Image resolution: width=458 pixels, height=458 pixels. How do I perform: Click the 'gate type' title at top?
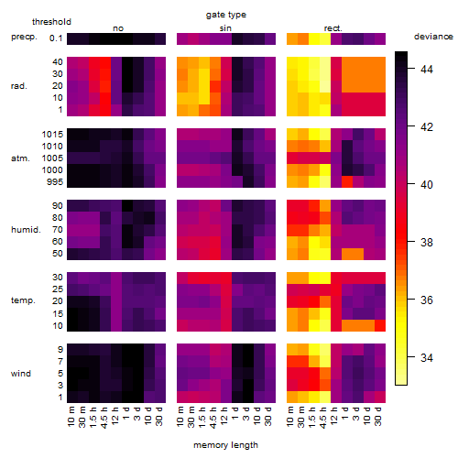click(226, 15)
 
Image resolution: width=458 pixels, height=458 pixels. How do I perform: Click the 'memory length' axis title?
click(225, 445)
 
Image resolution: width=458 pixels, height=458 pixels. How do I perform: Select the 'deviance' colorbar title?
click(433, 37)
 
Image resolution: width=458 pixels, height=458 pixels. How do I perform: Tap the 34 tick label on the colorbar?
click(427, 357)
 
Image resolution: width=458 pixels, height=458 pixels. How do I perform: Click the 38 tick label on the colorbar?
click(427, 243)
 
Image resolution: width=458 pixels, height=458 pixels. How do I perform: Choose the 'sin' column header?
click(225, 28)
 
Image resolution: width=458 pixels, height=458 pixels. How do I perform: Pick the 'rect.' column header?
click(333, 28)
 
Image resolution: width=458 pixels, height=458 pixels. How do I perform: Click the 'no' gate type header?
click(118, 28)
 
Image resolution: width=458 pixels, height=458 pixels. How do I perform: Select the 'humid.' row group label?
click(26, 230)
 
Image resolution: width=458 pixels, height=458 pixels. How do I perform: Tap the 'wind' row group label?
click(21, 374)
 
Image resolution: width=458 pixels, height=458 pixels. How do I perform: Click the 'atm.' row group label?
click(20, 158)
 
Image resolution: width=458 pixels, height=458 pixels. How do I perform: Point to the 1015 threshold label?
click(52, 135)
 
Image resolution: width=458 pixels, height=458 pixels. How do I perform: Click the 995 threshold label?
click(55, 182)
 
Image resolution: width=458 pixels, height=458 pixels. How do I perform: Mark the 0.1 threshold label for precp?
click(56, 38)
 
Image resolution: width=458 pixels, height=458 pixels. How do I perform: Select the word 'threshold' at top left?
click(51, 22)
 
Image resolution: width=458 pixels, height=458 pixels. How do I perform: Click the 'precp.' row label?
click(24, 37)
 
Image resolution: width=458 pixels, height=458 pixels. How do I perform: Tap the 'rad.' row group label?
click(19, 86)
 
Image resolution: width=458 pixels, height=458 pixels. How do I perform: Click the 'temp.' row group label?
click(23, 300)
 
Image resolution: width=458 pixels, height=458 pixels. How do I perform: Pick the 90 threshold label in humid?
click(58, 206)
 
